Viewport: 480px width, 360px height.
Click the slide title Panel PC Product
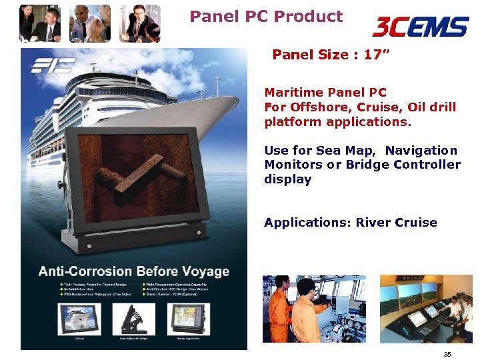click(266, 16)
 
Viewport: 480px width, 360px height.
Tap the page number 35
click(447, 354)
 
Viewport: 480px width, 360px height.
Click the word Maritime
click(293, 93)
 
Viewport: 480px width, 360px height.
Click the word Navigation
click(421, 151)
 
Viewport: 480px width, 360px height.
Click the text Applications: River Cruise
click(350, 223)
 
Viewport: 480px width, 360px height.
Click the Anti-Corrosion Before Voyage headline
click(133, 271)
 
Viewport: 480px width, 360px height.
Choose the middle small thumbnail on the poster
click(134, 318)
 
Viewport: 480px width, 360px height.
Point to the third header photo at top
click(140, 23)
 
